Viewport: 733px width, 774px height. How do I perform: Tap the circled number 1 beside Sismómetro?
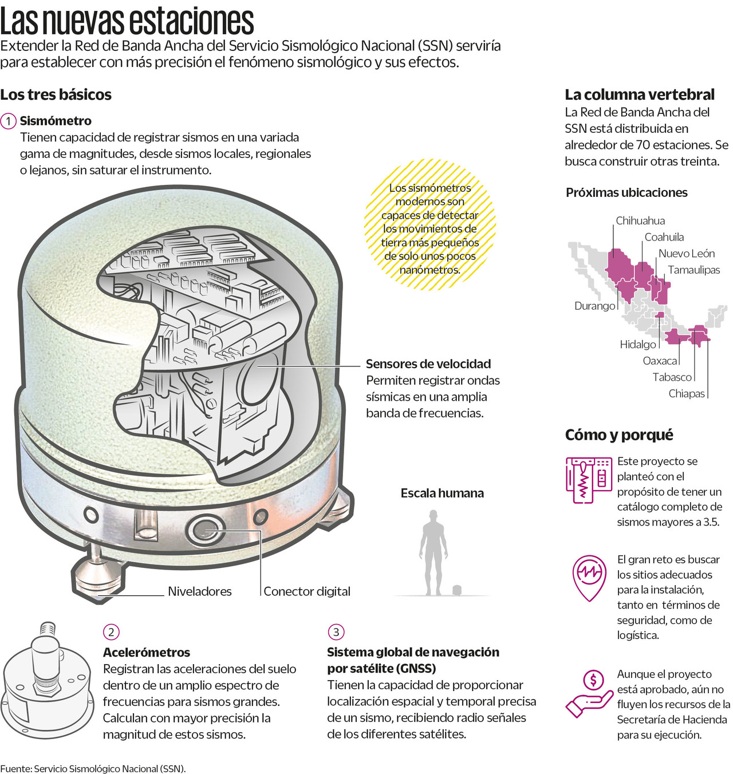pos(8,121)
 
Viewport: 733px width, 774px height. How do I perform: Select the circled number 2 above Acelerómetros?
pos(111,632)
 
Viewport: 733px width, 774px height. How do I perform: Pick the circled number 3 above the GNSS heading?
pos(336,632)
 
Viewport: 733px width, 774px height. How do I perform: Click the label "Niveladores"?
pos(200,591)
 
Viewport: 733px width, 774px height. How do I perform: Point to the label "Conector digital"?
pos(307,591)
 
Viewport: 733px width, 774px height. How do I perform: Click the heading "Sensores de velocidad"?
pos(428,364)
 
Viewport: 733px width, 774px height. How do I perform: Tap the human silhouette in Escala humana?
pos(434,552)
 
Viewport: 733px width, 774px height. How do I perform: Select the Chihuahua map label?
pos(640,220)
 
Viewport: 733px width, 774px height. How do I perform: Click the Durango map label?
pos(595,306)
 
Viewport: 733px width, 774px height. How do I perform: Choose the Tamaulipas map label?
pos(694,270)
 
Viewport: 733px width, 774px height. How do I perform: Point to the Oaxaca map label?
pos(660,361)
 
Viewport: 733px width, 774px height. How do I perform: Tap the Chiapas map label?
pos(687,394)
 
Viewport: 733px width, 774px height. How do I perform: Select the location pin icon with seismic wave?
pos(589,578)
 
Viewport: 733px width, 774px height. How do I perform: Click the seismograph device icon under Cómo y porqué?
pos(589,480)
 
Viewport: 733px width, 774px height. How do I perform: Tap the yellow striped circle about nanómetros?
pos(430,225)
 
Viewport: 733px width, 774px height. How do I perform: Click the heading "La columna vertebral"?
pos(640,95)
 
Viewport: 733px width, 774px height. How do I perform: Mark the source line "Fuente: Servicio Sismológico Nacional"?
pos(93,769)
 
